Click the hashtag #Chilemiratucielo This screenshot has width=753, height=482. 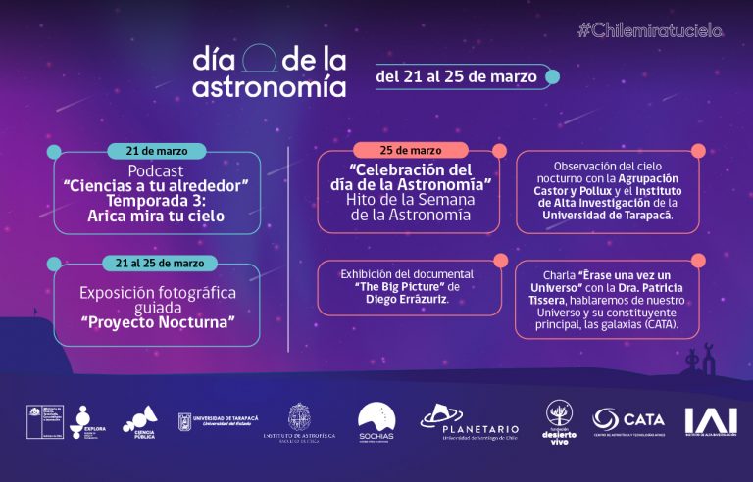click(x=649, y=30)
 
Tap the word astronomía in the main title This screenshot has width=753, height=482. click(x=269, y=87)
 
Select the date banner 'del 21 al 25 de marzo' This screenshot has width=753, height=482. click(x=458, y=75)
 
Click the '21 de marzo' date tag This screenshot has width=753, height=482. click(x=158, y=151)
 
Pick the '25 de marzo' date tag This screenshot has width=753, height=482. click(x=411, y=150)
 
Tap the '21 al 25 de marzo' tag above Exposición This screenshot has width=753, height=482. click(x=158, y=263)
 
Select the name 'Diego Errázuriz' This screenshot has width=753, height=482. click(x=406, y=301)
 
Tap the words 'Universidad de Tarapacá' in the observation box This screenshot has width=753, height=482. click(x=609, y=215)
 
